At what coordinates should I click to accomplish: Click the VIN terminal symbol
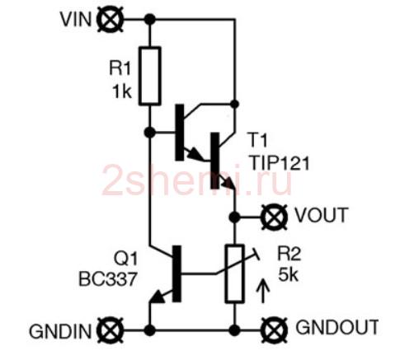[x=111, y=20]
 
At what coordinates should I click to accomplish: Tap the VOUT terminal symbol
[x=274, y=217]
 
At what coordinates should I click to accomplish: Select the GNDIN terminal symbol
[x=111, y=330]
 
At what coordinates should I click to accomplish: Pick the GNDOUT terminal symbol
[x=274, y=330]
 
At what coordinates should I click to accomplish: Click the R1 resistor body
[x=150, y=76]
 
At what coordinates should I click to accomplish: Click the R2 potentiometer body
[x=235, y=274]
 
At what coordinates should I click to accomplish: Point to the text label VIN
[x=76, y=20]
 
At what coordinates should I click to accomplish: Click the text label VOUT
[x=321, y=215]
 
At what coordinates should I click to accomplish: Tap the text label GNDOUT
[x=337, y=327]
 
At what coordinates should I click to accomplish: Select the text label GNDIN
[x=60, y=331]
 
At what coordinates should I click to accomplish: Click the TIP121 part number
[x=280, y=164]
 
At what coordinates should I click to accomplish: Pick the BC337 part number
[x=107, y=279]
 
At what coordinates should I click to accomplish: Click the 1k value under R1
[x=122, y=91]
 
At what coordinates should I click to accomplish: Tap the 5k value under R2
[x=288, y=274]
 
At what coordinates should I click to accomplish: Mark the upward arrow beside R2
[x=263, y=291]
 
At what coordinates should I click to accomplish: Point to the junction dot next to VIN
[x=150, y=20]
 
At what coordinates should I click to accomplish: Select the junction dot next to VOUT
[x=235, y=217]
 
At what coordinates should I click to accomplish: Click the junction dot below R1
[x=150, y=133]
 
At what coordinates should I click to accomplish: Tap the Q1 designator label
[x=125, y=259]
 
